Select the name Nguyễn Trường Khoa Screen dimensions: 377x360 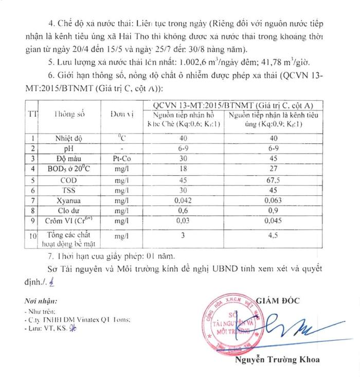[277, 360]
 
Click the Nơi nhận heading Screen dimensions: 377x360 [41, 300]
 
